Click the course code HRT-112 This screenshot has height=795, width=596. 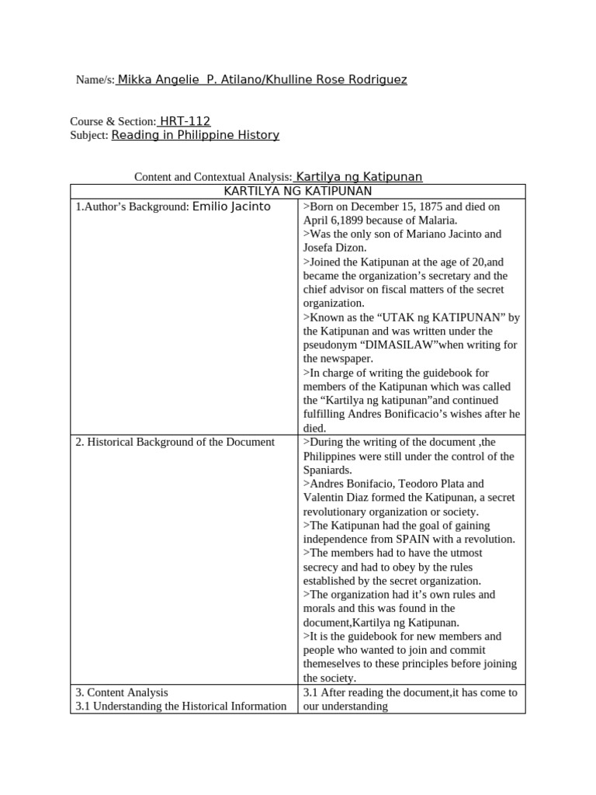click(x=185, y=121)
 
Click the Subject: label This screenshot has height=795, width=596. click(x=89, y=136)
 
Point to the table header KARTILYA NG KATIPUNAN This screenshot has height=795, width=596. click(x=297, y=191)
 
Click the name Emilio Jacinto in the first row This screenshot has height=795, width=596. click(x=231, y=207)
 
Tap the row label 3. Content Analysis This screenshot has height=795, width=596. click(x=122, y=692)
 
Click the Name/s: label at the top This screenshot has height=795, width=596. click(x=95, y=80)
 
